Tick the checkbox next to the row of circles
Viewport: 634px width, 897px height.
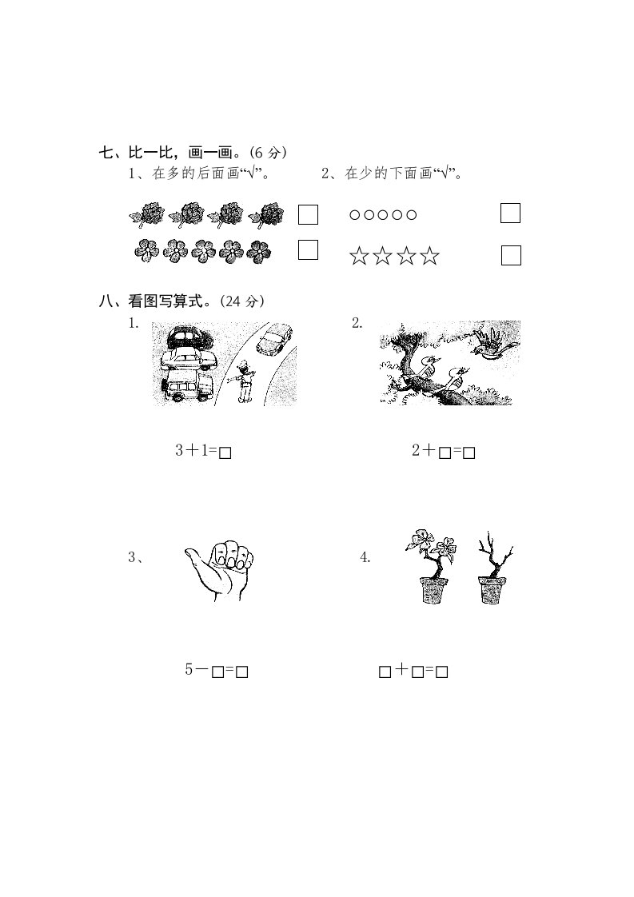pyautogui.click(x=510, y=213)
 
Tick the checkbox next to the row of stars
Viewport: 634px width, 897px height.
pyautogui.click(x=511, y=255)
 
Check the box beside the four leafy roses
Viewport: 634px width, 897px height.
pyautogui.click(x=308, y=214)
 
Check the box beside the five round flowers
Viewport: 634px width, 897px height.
pyautogui.click(x=308, y=249)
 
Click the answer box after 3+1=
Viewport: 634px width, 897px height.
pyautogui.click(x=225, y=453)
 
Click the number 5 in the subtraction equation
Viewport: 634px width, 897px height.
pyautogui.click(x=189, y=668)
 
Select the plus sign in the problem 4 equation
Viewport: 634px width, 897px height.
pyautogui.click(x=401, y=669)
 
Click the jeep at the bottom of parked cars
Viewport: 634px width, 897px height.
pyautogui.click(x=188, y=387)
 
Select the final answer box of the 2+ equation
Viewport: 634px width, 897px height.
pyautogui.click(x=469, y=453)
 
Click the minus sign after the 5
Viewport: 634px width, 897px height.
pyautogui.click(x=201, y=669)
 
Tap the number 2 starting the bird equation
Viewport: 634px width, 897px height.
pyautogui.click(x=416, y=450)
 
